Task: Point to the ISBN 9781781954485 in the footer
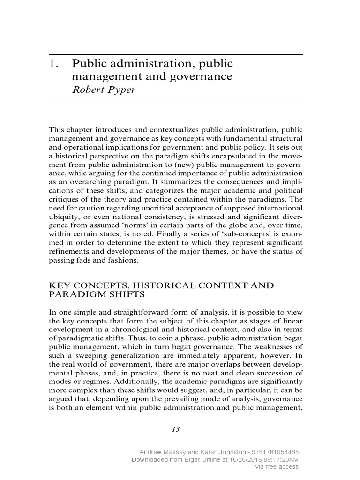pos(275,452)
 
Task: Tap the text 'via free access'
pos(276,467)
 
